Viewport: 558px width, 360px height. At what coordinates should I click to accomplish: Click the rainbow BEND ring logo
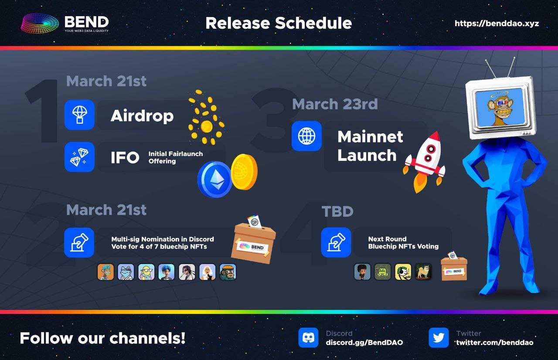pyautogui.click(x=40, y=24)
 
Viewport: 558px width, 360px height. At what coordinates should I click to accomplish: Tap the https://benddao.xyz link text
pyautogui.click(x=497, y=24)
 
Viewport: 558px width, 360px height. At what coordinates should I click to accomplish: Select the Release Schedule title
pyautogui.click(x=279, y=23)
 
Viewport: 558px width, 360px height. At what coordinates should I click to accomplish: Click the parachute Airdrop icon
pyautogui.click(x=79, y=115)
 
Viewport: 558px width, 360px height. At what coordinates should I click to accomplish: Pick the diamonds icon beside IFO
pyautogui.click(x=79, y=157)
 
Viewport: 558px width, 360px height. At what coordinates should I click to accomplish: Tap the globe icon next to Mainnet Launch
pyautogui.click(x=306, y=136)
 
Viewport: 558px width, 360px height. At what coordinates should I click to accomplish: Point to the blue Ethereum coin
pyautogui.click(x=215, y=179)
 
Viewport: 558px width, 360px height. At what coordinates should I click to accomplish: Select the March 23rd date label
pyautogui.click(x=335, y=104)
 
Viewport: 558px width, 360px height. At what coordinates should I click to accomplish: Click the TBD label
pyautogui.click(x=337, y=211)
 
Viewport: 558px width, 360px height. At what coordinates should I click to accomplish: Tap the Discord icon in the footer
pyautogui.click(x=308, y=338)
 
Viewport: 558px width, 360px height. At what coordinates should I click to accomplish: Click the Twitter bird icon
pyautogui.click(x=439, y=338)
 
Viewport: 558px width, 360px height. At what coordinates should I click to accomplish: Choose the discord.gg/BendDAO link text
pyautogui.click(x=364, y=343)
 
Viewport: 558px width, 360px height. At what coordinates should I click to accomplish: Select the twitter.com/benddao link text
pyautogui.click(x=495, y=343)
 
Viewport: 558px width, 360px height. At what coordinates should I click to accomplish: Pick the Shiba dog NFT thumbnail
pyautogui.click(x=423, y=272)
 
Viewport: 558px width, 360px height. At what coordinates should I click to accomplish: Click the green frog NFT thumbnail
pyautogui.click(x=383, y=272)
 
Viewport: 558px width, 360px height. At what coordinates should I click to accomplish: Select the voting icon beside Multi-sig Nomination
pyautogui.click(x=79, y=242)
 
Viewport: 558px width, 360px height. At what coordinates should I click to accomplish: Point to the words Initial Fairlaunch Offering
pyautogui.click(x=176, y=157)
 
